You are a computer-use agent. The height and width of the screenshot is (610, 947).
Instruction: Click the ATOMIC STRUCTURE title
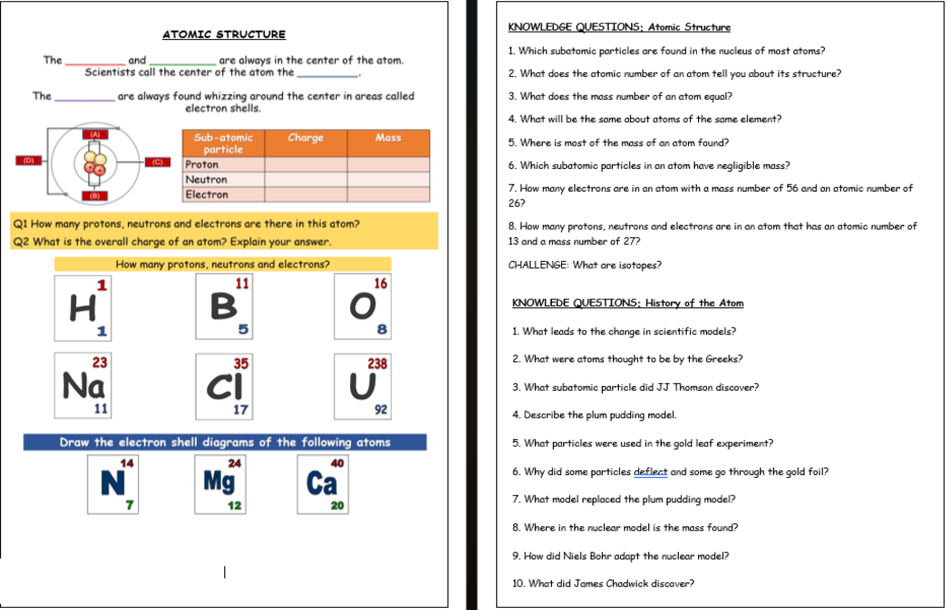click(x=224, y=35)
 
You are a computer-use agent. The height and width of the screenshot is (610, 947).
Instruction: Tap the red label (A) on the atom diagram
click(x=95, y=134)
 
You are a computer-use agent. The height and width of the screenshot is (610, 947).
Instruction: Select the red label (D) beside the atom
click(x=28, y=160)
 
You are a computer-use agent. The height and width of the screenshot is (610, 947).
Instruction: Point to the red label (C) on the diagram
click(x=157, y=162)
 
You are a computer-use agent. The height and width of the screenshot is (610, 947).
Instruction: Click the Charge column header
click(x=306, y=138)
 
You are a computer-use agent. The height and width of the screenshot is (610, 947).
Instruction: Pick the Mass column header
click(x=388, y=138)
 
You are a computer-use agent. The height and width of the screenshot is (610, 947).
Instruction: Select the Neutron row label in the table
click(x=206, y=180)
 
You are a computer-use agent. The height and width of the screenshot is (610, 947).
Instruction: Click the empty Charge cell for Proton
click(x=306, y=164)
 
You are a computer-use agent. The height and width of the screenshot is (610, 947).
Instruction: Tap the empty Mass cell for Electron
click(x=388, y=195)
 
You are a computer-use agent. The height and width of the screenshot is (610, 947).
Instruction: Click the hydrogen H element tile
click(x=83, y=308)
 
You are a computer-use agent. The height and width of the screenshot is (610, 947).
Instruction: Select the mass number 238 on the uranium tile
click(x=377, y=364)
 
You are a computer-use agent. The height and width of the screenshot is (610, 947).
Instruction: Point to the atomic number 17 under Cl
click(x=240, y=410)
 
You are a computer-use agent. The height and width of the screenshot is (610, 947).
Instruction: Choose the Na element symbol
click(x=83, y=386)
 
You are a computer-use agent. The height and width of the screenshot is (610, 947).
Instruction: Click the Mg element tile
click(x=220, y=484)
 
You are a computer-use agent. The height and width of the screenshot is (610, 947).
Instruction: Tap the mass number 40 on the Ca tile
click(x=337, y=463)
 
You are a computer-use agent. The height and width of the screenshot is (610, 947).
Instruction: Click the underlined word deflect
click(x=650, y=472)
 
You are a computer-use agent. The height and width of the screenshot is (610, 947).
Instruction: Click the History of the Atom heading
click(x=694, y=303)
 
